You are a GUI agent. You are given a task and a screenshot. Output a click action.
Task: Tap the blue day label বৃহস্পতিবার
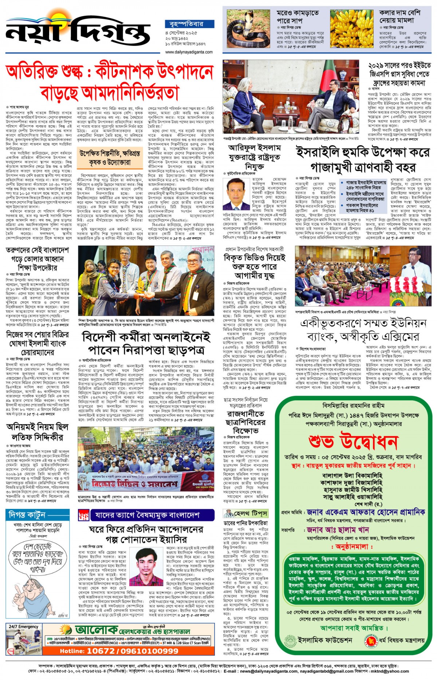tap(189, 24)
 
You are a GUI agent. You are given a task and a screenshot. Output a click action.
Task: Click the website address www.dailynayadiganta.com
tap(189, 52)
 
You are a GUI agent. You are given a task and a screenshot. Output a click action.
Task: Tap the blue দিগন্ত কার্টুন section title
tap(27, 515)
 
